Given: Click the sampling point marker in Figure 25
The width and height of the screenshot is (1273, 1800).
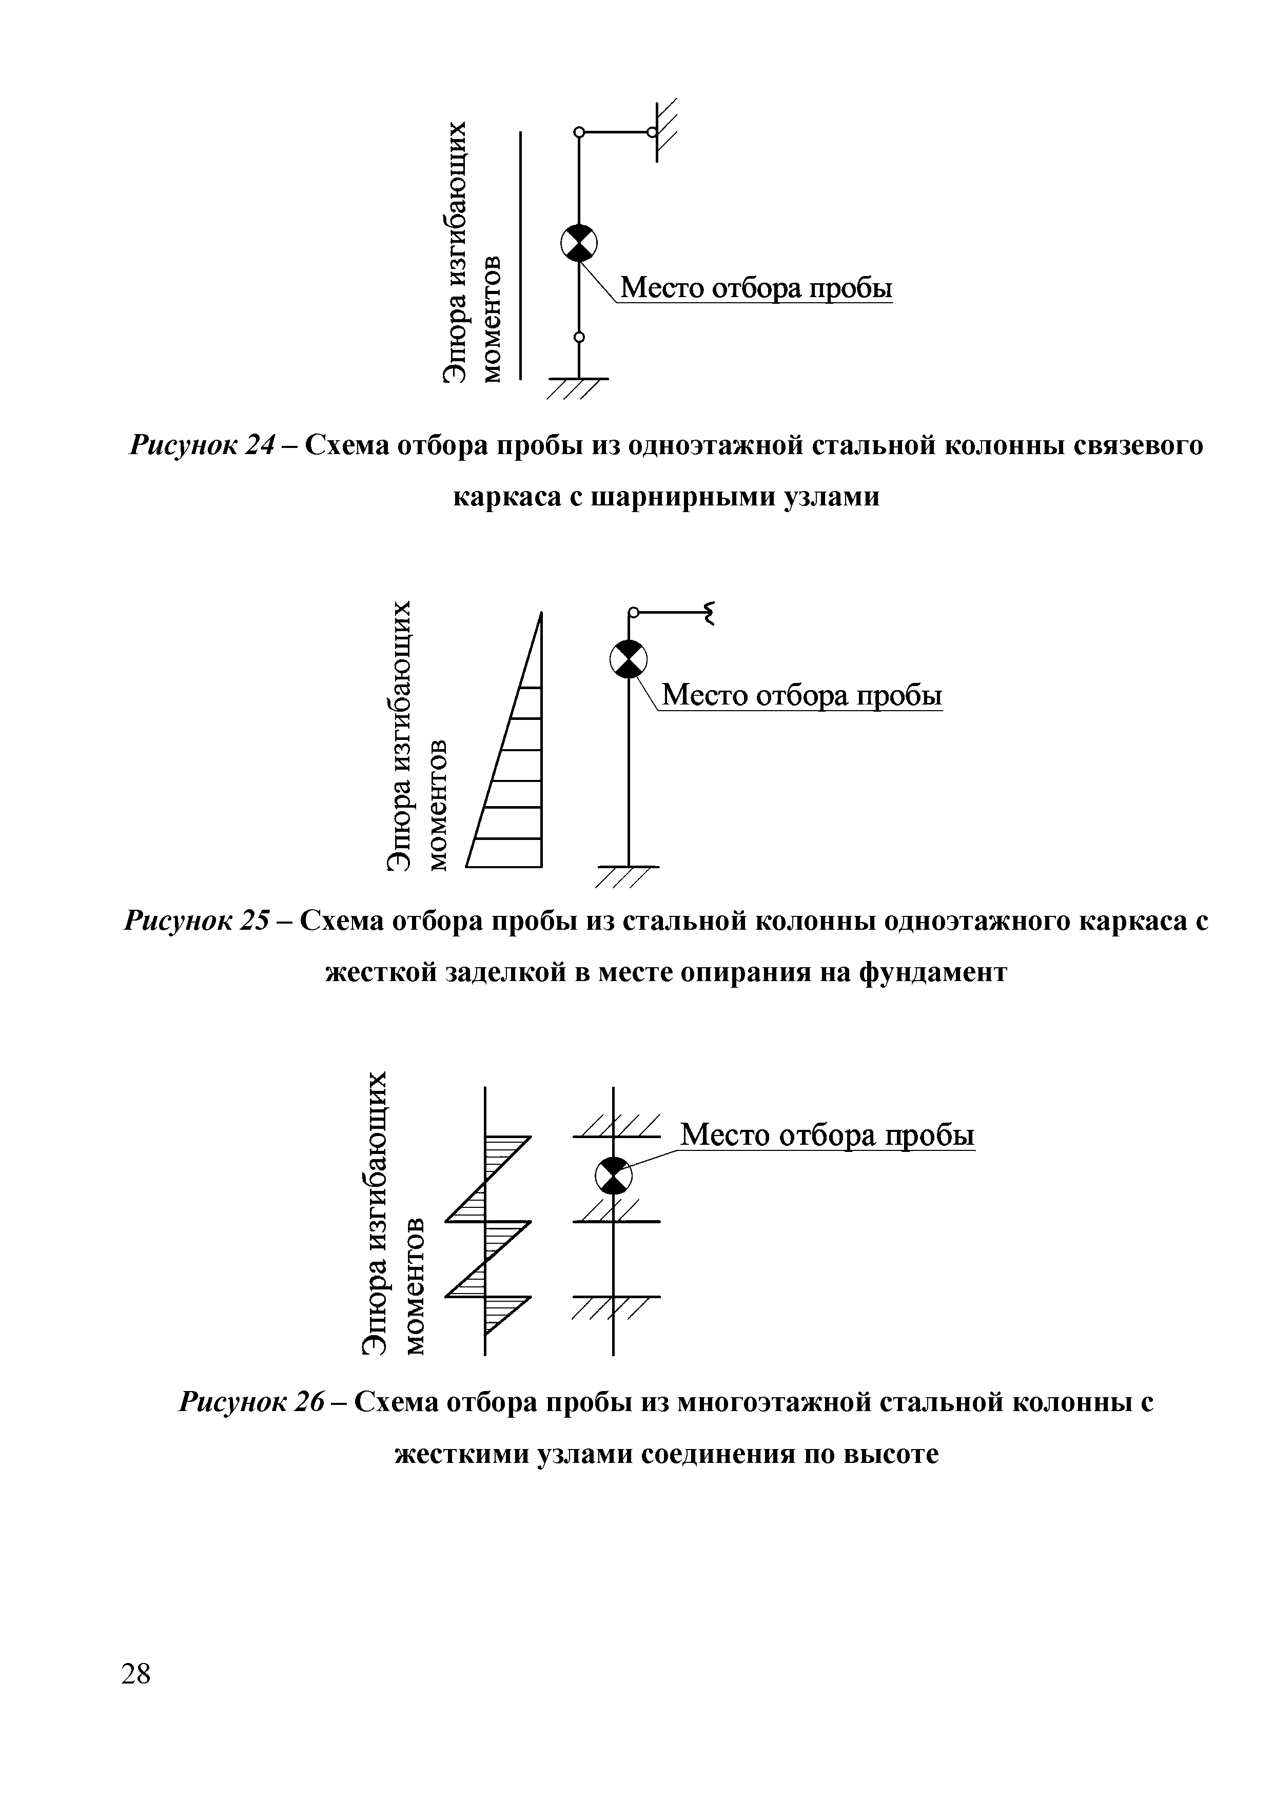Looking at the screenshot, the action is click(x=629, y=658).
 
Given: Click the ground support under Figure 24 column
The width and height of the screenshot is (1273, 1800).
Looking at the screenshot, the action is click(x=578, y=388).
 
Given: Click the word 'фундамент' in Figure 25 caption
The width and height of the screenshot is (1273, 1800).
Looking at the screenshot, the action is click(x=933, y=972).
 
